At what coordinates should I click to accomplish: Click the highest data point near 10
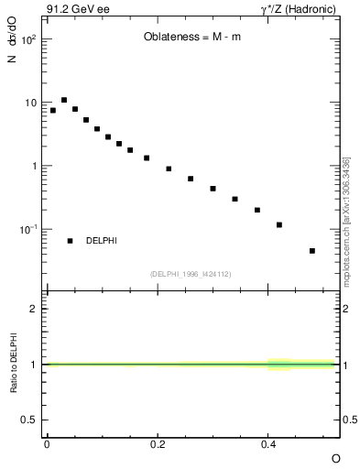click(x=64, y=100)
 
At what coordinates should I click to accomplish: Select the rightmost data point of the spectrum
click(x=312, y=250)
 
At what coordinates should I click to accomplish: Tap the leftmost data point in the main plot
click(x=53, y=110)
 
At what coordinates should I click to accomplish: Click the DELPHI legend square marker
click(x=70, y=241)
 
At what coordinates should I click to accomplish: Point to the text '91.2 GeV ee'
click(x=72, y=10)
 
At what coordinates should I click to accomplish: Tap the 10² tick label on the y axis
click(x=27, y=40)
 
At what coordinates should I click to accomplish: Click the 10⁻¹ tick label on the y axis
click(x=27, y=229)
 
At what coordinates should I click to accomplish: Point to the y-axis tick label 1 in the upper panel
click(x=33, y=166)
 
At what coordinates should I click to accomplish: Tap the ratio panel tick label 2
click(x=34, y=309)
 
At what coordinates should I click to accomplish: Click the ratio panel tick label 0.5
click(x=28, y=420)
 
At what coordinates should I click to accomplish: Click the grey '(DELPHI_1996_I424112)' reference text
click(x=191, y=274)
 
